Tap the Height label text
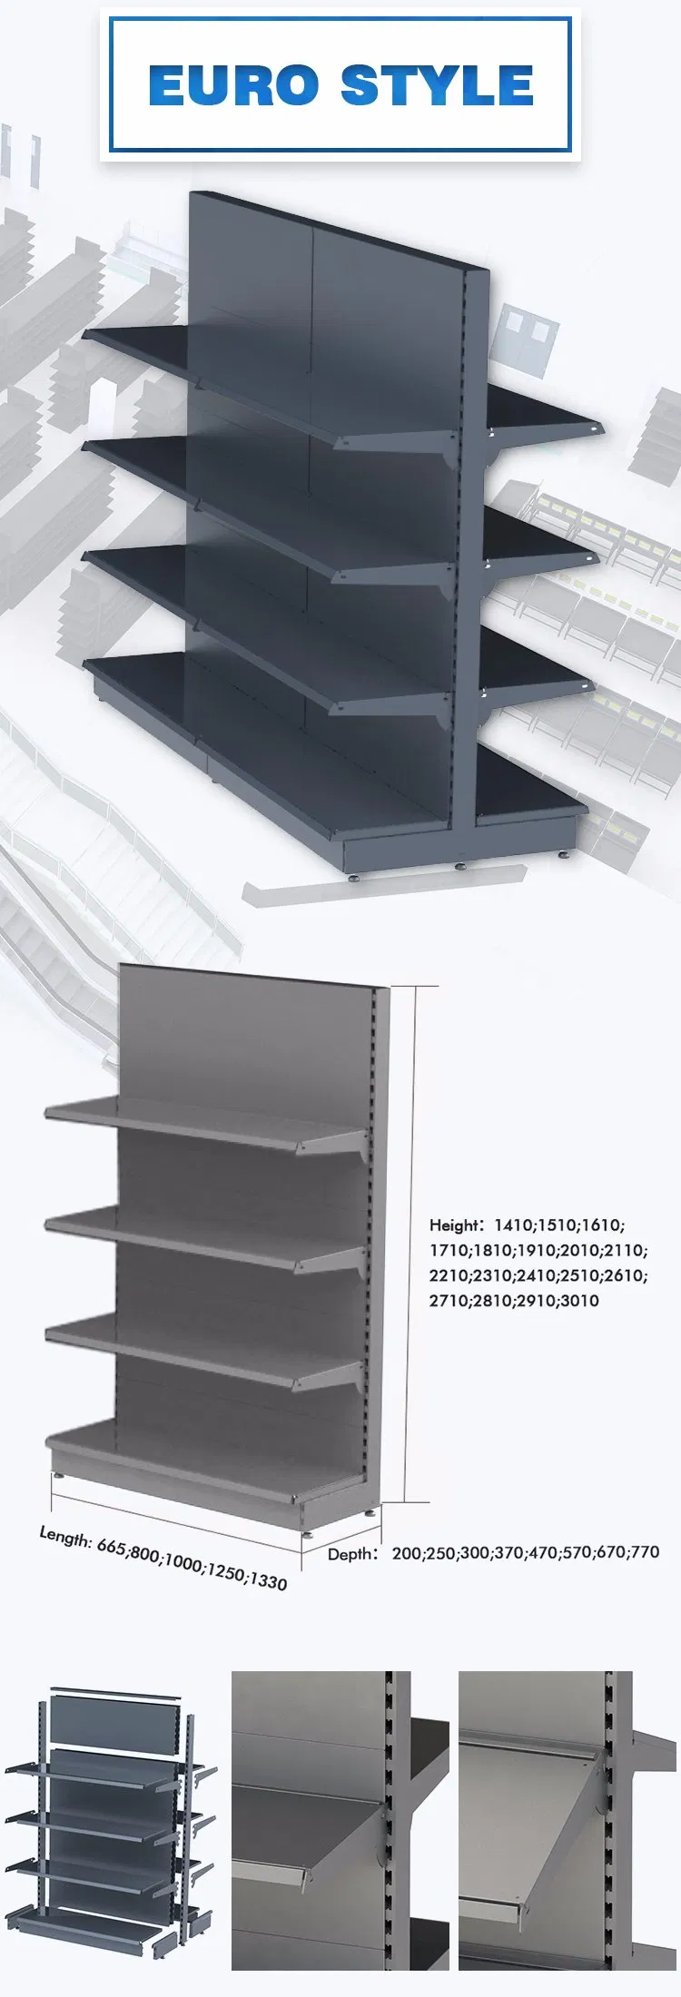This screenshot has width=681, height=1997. pyautogui.click(x=454, y=1225)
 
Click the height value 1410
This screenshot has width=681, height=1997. pyautogui.click(x=514, y=1225)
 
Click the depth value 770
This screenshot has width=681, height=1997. pyautogui.click(x=644, y=1552)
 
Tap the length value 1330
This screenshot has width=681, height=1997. pyautogui.click(x=268, y=1580)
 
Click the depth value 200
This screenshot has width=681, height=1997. pyautogui.click(x=407, y=1553)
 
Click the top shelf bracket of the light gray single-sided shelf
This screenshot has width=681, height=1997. pyautogui.click(x=336, y=1144)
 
